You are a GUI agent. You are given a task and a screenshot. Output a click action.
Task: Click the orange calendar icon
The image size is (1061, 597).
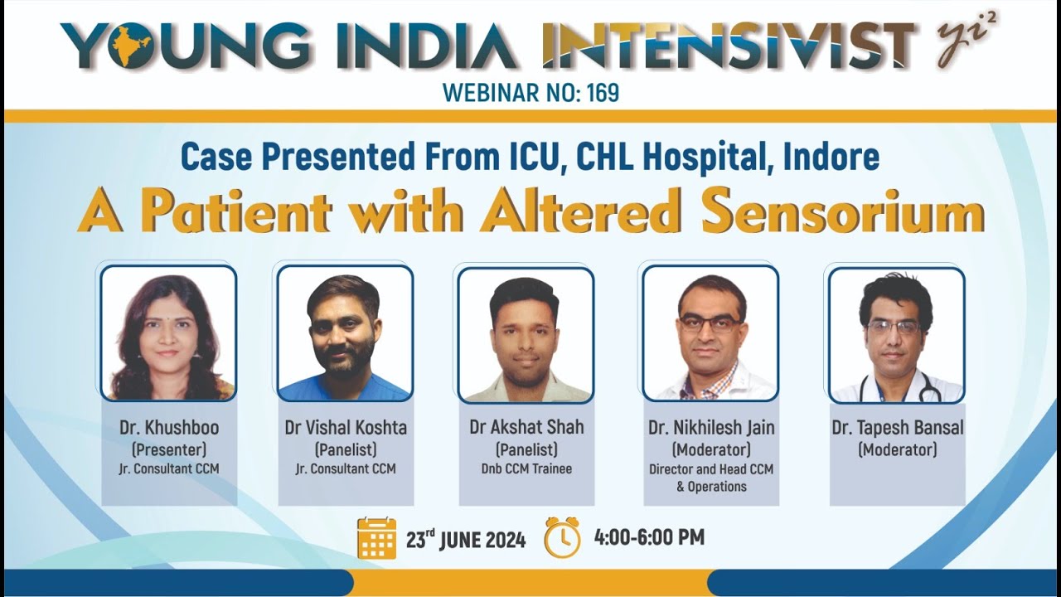(376, 538)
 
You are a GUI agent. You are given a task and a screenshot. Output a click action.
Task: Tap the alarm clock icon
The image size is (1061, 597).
(562, 537)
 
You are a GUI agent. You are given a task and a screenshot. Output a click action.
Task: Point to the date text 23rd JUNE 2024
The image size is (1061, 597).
(466, 539)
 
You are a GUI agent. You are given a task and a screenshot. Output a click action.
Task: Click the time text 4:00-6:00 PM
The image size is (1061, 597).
(649, 537)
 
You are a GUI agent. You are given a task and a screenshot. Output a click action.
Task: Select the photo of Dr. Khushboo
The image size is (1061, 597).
(168, 333)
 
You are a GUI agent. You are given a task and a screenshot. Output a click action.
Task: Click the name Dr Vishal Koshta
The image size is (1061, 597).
(346, 428)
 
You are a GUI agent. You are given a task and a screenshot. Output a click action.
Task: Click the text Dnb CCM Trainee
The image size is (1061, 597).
(526, 468)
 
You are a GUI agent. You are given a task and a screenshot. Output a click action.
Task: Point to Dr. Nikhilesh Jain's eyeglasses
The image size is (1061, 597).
(710, 324)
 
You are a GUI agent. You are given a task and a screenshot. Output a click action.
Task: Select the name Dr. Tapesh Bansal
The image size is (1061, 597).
(897, 428)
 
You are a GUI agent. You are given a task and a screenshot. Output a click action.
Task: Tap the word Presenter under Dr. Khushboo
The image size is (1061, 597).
(168, 449)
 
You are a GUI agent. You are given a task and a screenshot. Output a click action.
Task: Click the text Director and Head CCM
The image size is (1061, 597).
(710, 469)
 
